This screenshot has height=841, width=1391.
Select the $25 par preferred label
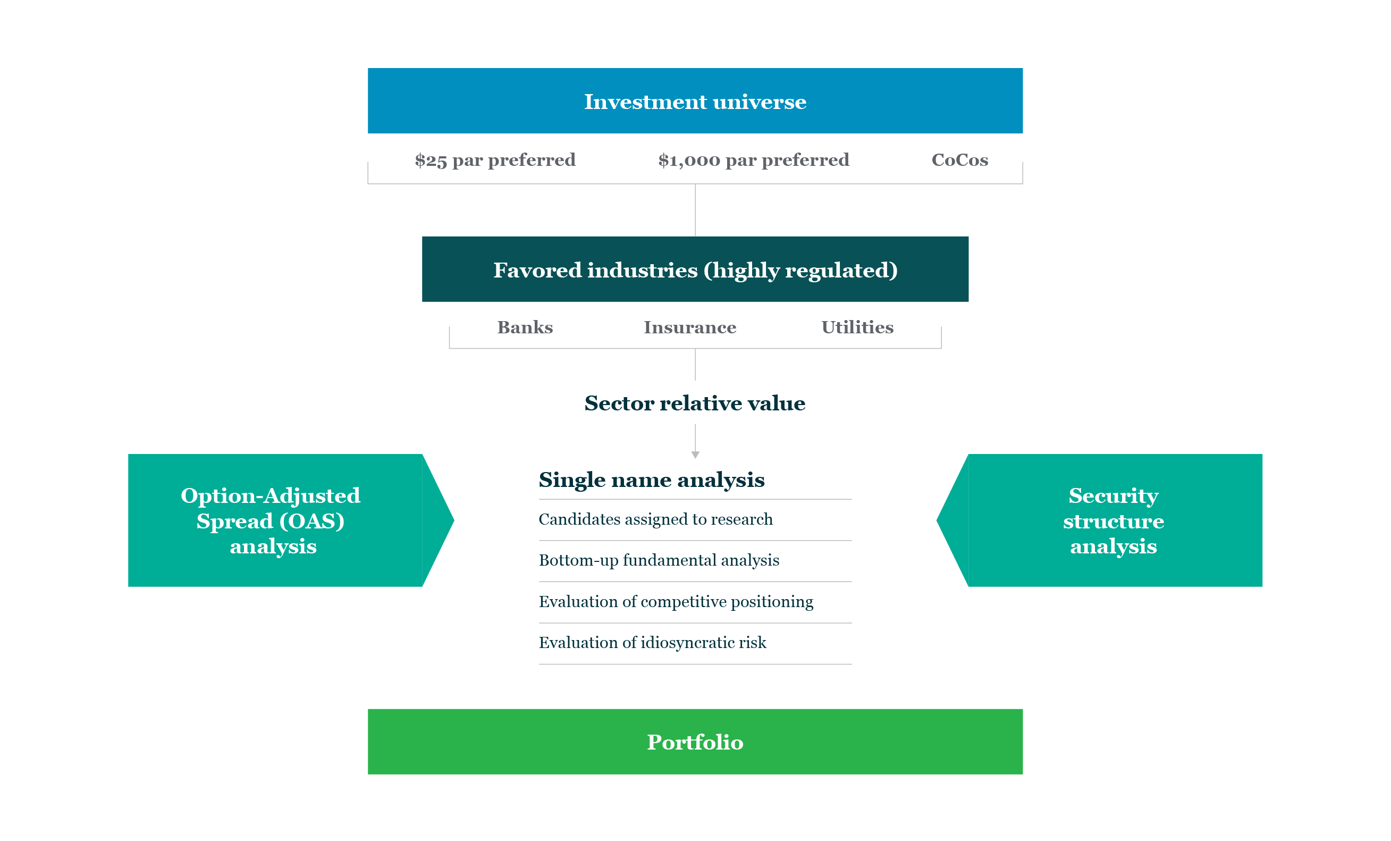tap(495, 161)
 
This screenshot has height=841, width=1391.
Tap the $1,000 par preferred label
tap(754, 161)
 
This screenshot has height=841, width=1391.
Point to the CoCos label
tap(960, 161)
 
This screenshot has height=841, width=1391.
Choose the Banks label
tap(525, 327)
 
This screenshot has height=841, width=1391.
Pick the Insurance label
tap(690, 327)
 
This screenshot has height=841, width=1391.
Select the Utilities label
tap(857, 327)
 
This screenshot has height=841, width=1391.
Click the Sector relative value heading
tap(695, 403)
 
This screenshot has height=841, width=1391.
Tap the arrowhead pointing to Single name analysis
tap(695, 455)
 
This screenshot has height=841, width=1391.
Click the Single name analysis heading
tap(652, 480)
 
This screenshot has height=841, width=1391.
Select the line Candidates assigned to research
tap(655, 519)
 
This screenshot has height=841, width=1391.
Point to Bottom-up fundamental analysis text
tap(659, 560)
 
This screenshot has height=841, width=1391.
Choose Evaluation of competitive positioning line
tap(676, 602)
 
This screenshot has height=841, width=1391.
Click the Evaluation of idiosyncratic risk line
tap(653, 643)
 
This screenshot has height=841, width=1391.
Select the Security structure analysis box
tap(1113, 520)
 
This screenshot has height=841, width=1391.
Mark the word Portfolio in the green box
tap(695, 742)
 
